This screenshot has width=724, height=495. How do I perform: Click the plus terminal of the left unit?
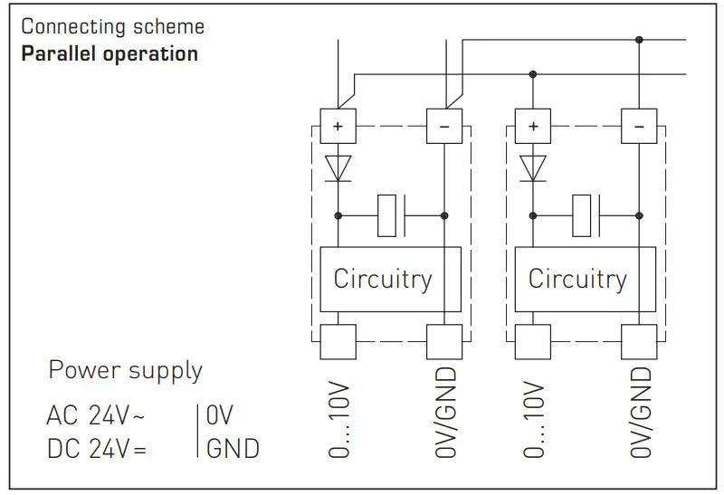[338, 127]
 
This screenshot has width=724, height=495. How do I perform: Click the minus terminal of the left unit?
[443, 127]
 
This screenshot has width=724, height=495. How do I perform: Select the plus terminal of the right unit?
[532, 127]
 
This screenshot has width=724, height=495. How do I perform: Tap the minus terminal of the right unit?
[639, 127]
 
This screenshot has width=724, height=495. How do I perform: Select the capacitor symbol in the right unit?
[586, 215]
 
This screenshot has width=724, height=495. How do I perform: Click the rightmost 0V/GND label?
[641, 413]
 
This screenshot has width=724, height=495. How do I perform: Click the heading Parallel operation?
[110, 53]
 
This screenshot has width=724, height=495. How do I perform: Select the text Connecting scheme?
[112, 26]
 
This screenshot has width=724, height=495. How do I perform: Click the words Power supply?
[125, 370]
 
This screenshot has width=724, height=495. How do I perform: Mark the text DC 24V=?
[96, 448]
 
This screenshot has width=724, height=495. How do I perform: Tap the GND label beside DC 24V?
[232, 448]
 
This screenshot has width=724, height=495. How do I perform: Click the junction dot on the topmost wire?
[639, 39]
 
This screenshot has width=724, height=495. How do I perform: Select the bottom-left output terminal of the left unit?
[338, 341]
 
